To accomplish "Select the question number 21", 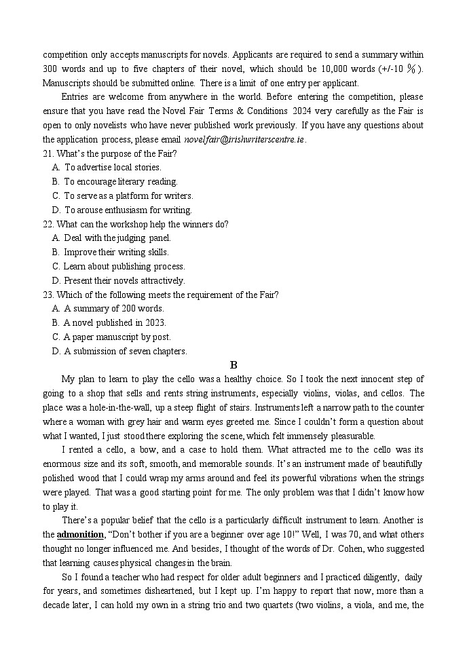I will [48, 153].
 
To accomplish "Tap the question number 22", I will [48, 224].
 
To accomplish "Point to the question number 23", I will [48, 295].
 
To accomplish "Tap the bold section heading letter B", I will [233, 364].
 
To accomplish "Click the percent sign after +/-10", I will [411, 68].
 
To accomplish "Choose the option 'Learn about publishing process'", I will [124, 266].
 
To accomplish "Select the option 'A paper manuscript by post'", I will [117, 337].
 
